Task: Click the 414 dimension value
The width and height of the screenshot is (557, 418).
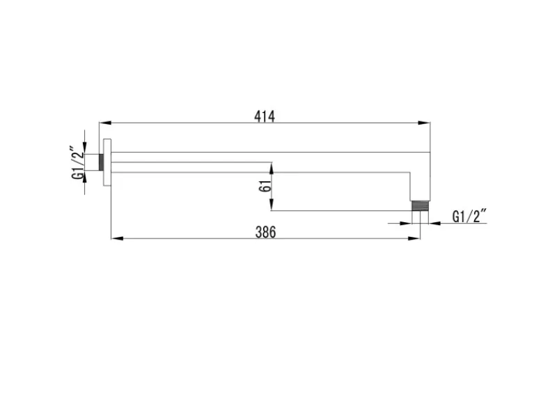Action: pos(265,116)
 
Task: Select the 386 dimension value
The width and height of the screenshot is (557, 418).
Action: pos(266,232)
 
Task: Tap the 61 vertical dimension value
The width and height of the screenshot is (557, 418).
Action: pos(265,186)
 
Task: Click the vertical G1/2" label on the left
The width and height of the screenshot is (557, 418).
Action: pos(78,162)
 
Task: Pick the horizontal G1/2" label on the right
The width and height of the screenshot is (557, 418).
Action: pos(469,216)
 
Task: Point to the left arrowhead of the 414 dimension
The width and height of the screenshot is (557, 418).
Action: pos(105,123)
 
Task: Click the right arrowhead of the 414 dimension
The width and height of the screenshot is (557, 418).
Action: pos(424,123)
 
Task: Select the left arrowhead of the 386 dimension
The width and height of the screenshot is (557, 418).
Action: pos(117,238)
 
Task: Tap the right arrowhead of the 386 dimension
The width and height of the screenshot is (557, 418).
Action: pos(414,238)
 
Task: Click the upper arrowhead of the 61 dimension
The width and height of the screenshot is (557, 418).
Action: pos(272,169)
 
